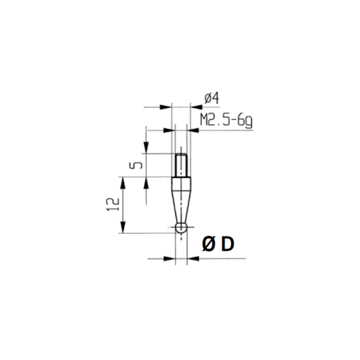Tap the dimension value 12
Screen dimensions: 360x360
pos(111,205)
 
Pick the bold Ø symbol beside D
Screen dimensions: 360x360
pos(209,243)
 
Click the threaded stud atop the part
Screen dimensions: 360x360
pos(181,167)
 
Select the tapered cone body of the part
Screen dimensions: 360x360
pos(181,205)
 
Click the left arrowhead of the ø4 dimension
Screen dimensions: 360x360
pos(168,107)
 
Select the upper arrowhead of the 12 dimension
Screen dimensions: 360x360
pos(124,183)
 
